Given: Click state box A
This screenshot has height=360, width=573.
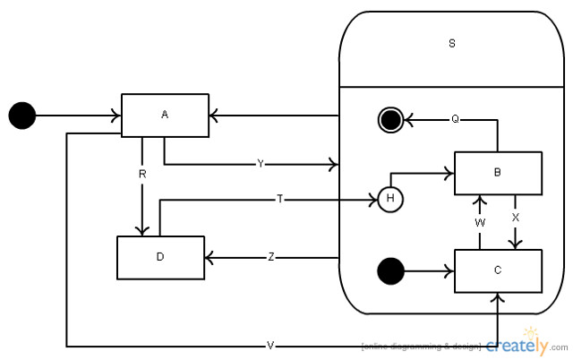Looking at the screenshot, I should coord(165,115).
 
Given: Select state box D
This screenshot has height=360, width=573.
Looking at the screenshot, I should coord(160,257).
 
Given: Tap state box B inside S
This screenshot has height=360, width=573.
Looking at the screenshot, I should coord(498,173).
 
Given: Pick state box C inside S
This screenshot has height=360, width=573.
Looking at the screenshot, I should coord(498,270).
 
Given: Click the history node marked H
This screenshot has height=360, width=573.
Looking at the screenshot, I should coord(390,199).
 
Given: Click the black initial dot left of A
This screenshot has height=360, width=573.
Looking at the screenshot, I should coord(21,115).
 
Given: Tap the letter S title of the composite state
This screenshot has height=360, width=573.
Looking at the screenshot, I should coord(451,44).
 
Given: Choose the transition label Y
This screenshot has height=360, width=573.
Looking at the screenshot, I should coord(261,164).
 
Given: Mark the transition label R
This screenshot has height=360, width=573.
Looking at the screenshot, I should coord(141,174).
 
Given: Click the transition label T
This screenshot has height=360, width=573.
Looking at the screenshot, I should coord(280,199).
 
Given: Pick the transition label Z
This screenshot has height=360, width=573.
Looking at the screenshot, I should coord(271,257).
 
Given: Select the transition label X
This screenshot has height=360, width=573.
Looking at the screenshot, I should coord(515,217).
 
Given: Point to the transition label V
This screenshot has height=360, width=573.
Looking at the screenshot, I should coord(270,345).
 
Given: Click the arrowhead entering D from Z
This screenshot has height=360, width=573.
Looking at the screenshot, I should coord(210,257).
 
